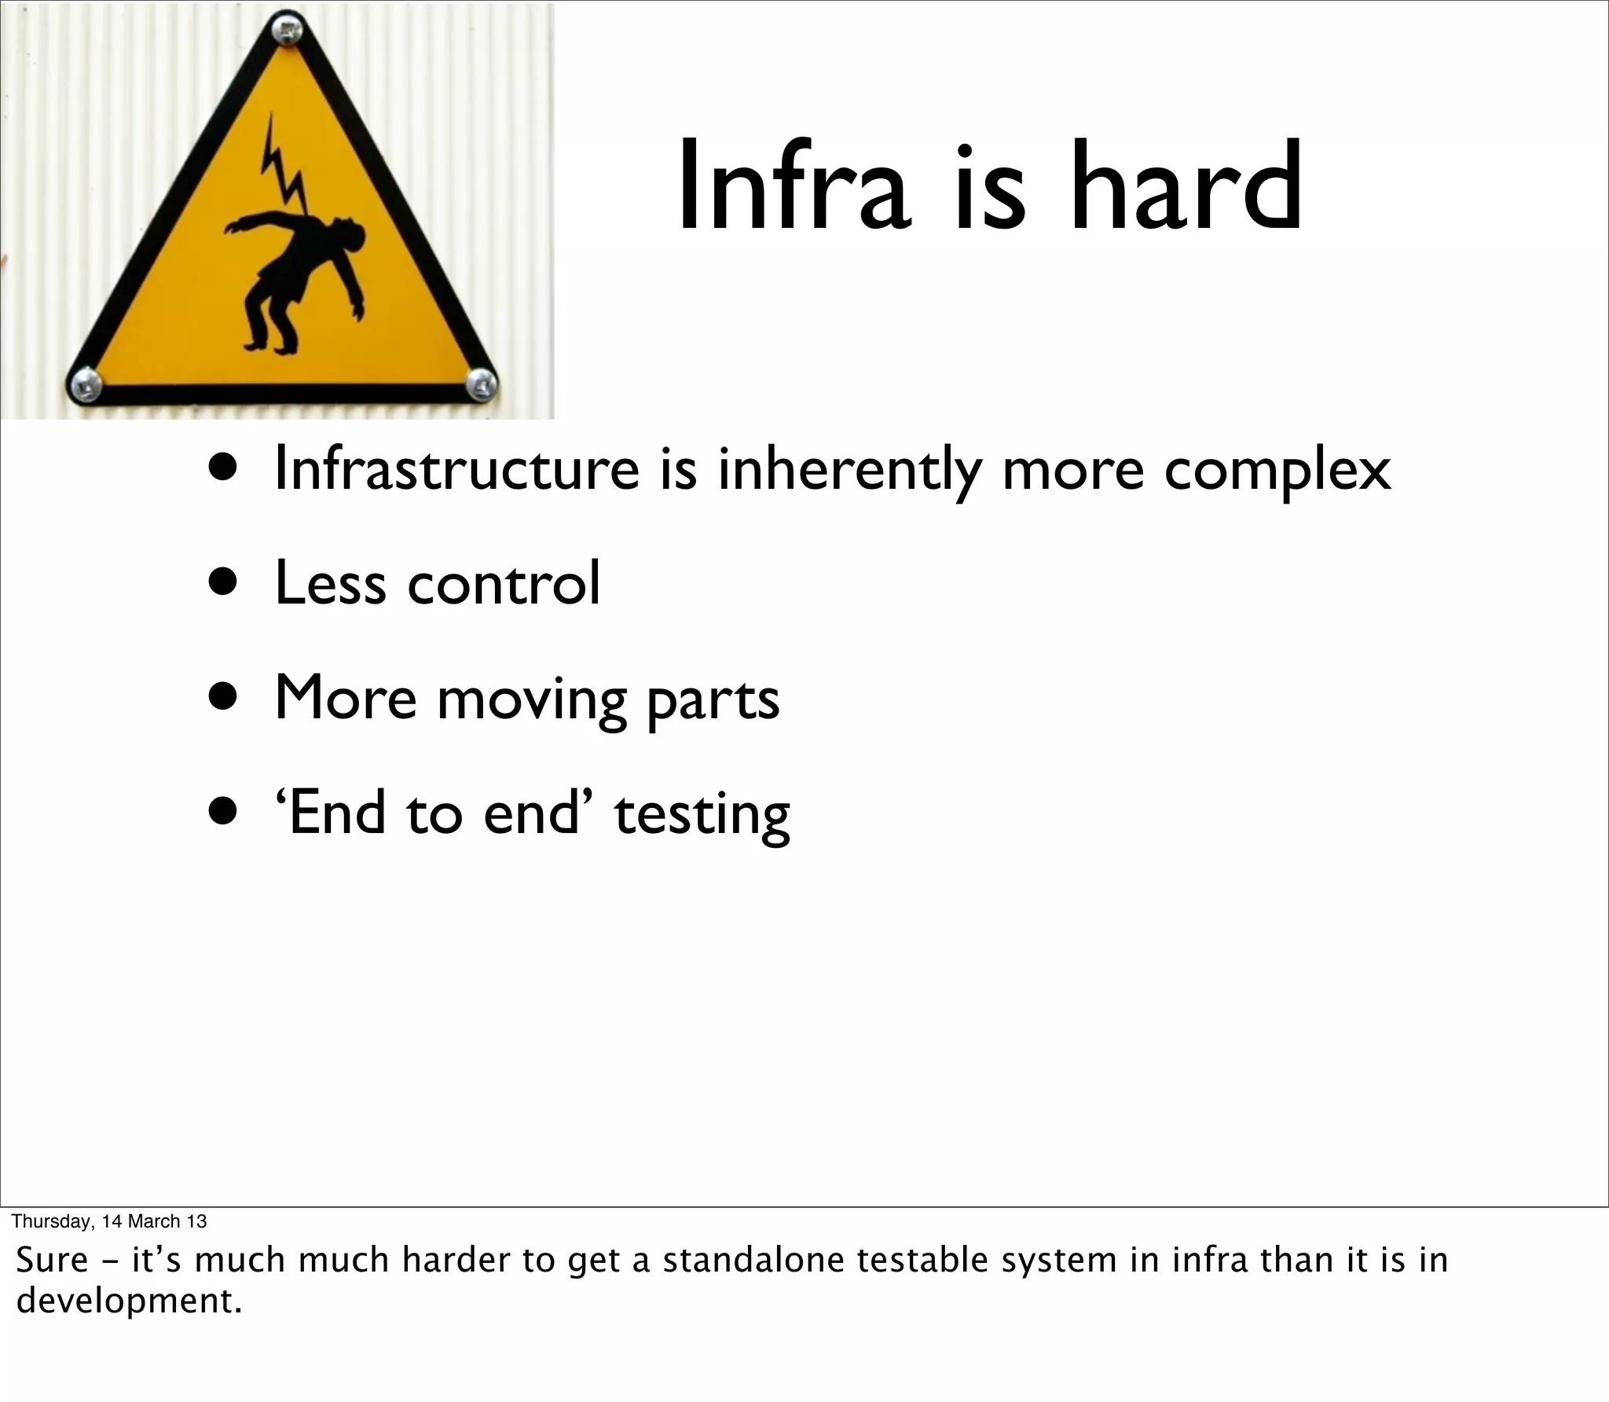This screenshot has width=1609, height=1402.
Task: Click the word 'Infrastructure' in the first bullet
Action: point(456,469)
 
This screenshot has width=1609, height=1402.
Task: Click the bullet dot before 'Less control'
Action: point(223,584)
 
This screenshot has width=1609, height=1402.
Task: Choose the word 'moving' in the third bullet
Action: point(531,699)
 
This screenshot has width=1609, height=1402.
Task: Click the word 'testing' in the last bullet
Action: point(702,815)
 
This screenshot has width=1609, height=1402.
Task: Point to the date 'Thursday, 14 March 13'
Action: point(109,1220)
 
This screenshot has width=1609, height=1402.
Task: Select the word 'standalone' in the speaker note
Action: point(754,1260)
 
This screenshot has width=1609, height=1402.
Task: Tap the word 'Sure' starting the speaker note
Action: point(52,1260)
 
